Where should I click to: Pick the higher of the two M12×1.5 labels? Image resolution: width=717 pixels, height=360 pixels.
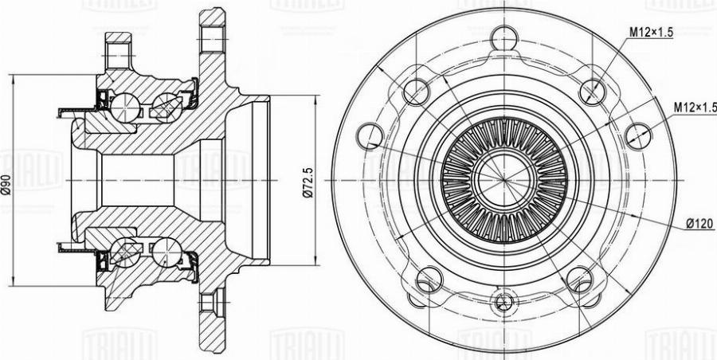tap(652, 33)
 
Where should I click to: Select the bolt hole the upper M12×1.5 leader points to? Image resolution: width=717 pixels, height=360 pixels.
tap(590, 94)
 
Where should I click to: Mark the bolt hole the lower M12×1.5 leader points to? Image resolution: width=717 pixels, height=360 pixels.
tap(637, 136)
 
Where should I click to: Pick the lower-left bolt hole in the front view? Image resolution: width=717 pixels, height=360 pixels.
tap(429, 279)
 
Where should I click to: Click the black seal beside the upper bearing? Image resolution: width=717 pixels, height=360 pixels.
tap(102, 98)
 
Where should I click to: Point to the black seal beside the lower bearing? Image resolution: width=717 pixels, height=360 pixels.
tap(102, 260)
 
